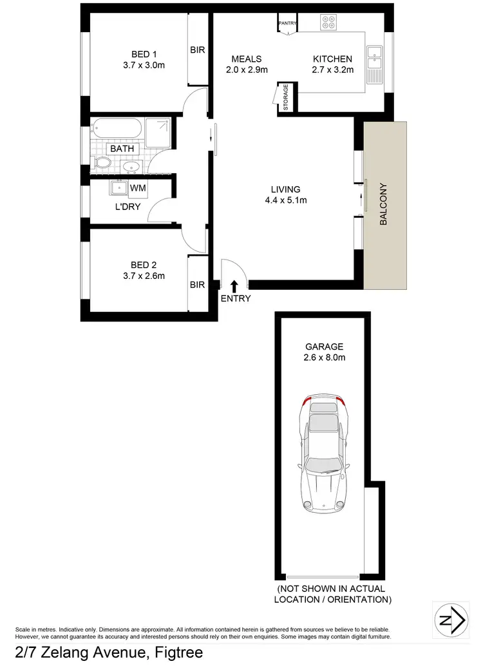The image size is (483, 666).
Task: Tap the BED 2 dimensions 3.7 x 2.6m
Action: click(144, 276)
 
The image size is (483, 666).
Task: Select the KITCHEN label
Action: click(332, 59)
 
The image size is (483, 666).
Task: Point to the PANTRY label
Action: click(287, 24)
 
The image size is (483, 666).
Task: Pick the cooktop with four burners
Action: click(328, 23)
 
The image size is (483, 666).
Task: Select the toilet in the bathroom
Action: click(101, 164)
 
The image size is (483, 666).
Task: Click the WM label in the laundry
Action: click(137, 188)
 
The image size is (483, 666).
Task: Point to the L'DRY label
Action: click(128, 207)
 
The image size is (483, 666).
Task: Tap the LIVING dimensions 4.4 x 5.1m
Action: click(285, 200)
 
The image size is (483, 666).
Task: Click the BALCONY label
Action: click(384, 204)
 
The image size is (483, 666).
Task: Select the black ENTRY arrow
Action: click(234, 285)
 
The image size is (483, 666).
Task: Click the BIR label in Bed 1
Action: click(197, 50)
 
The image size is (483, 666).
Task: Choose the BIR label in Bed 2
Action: click(197, 283)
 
